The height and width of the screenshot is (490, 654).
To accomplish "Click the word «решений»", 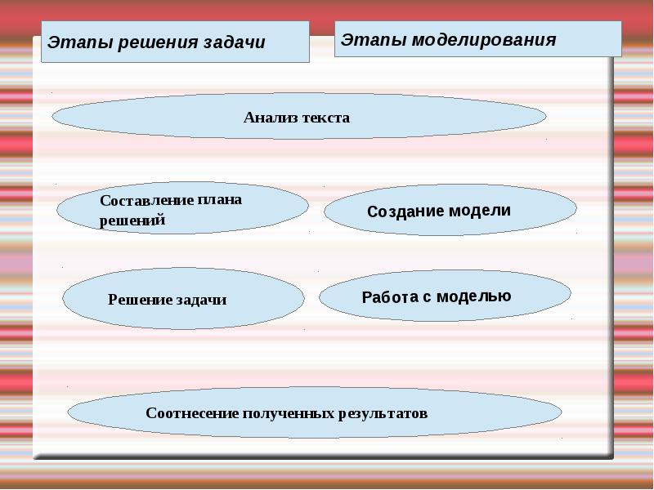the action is [x=132, y=220].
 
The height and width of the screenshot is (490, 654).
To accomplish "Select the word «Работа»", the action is [x=390, y=297].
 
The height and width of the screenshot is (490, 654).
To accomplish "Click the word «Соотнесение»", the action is [x=192, y=413].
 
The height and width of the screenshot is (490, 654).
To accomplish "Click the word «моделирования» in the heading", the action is [x=484, y=40].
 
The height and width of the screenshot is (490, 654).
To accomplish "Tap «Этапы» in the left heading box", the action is [x=79, y=42].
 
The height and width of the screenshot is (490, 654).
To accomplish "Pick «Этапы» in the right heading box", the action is [x=374, y=40].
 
